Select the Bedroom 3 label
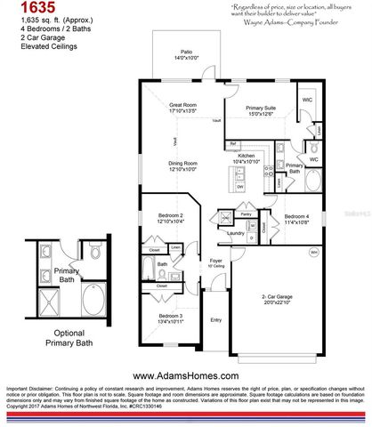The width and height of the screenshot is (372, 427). (x=172, y=318)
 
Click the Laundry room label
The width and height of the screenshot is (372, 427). (x=236, y=234)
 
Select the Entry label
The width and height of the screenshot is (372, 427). (x=215, y=320)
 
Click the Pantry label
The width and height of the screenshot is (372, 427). (x=247, y=215)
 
